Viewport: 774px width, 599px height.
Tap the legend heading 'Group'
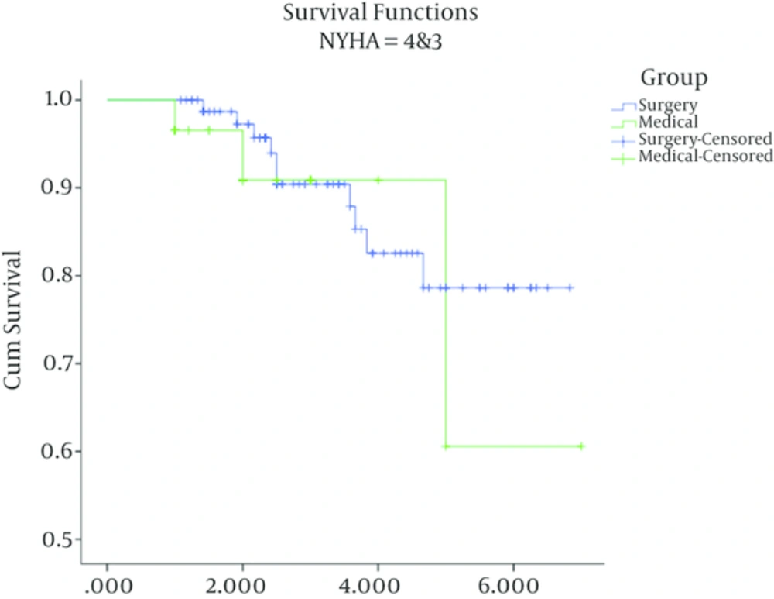673,77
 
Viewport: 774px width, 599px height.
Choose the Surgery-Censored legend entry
704,139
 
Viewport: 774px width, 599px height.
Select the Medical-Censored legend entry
704,157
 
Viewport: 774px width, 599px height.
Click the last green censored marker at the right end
580,446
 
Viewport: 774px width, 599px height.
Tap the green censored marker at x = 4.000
378,180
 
